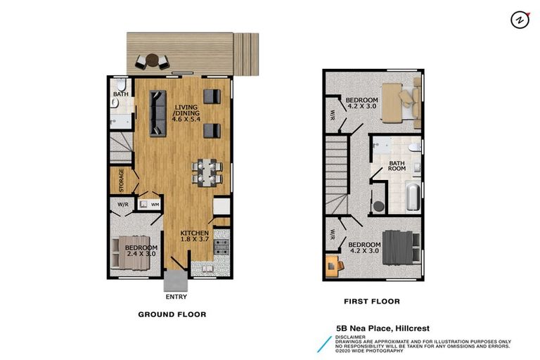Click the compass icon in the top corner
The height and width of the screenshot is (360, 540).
(x=520, y=20)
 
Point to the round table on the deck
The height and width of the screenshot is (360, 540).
(x=152, y=61)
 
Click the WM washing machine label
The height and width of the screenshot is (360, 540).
(x=155, y=205)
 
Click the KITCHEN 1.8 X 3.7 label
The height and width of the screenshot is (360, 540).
(x=194, y=237)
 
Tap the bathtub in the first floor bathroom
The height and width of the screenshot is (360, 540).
(x=412, y=197)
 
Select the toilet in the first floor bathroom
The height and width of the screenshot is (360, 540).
(x=415, y=147)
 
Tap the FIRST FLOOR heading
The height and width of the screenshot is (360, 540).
(x=372, y=302)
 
